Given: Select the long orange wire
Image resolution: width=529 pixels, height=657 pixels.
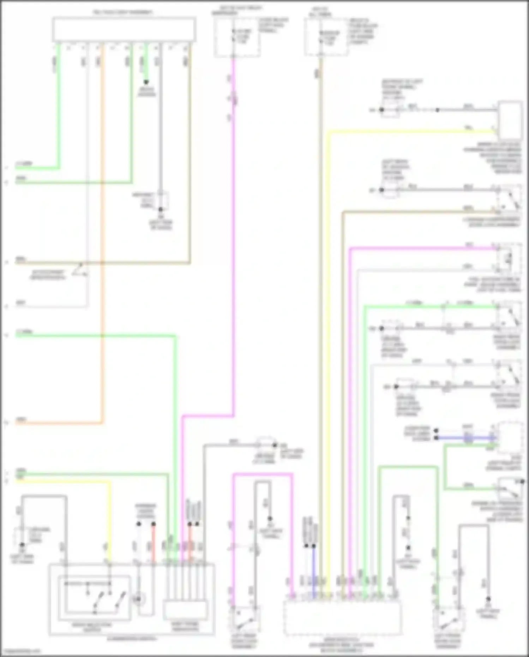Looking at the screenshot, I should (103, 247).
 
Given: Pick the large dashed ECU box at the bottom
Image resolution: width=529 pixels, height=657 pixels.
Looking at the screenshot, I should (342, 618).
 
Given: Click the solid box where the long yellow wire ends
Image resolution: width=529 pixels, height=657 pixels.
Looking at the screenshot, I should (510, 120).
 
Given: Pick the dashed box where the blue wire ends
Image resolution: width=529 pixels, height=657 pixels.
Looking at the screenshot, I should (510, 438).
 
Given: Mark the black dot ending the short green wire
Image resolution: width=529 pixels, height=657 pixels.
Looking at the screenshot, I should (146, 82).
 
